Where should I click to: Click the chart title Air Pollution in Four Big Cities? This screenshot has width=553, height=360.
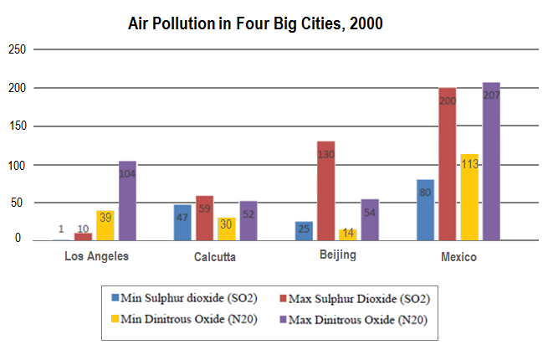coord(255,23)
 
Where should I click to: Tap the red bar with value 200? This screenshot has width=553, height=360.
coord(447,164)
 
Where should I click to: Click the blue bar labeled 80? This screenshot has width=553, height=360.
coord(425,210)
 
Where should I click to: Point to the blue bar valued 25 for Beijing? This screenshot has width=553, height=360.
coord(303,231)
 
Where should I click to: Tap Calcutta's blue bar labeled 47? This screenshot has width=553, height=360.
coord(182,223)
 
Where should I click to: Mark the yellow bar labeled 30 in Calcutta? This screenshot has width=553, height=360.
coord(226,229)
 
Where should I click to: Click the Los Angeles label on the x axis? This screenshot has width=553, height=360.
coord(96,255)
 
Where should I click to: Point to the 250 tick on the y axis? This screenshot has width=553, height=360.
coord(17,50)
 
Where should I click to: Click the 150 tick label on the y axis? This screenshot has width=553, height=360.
coord(17,126)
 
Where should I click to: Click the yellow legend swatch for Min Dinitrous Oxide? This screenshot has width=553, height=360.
coord(116,318)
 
